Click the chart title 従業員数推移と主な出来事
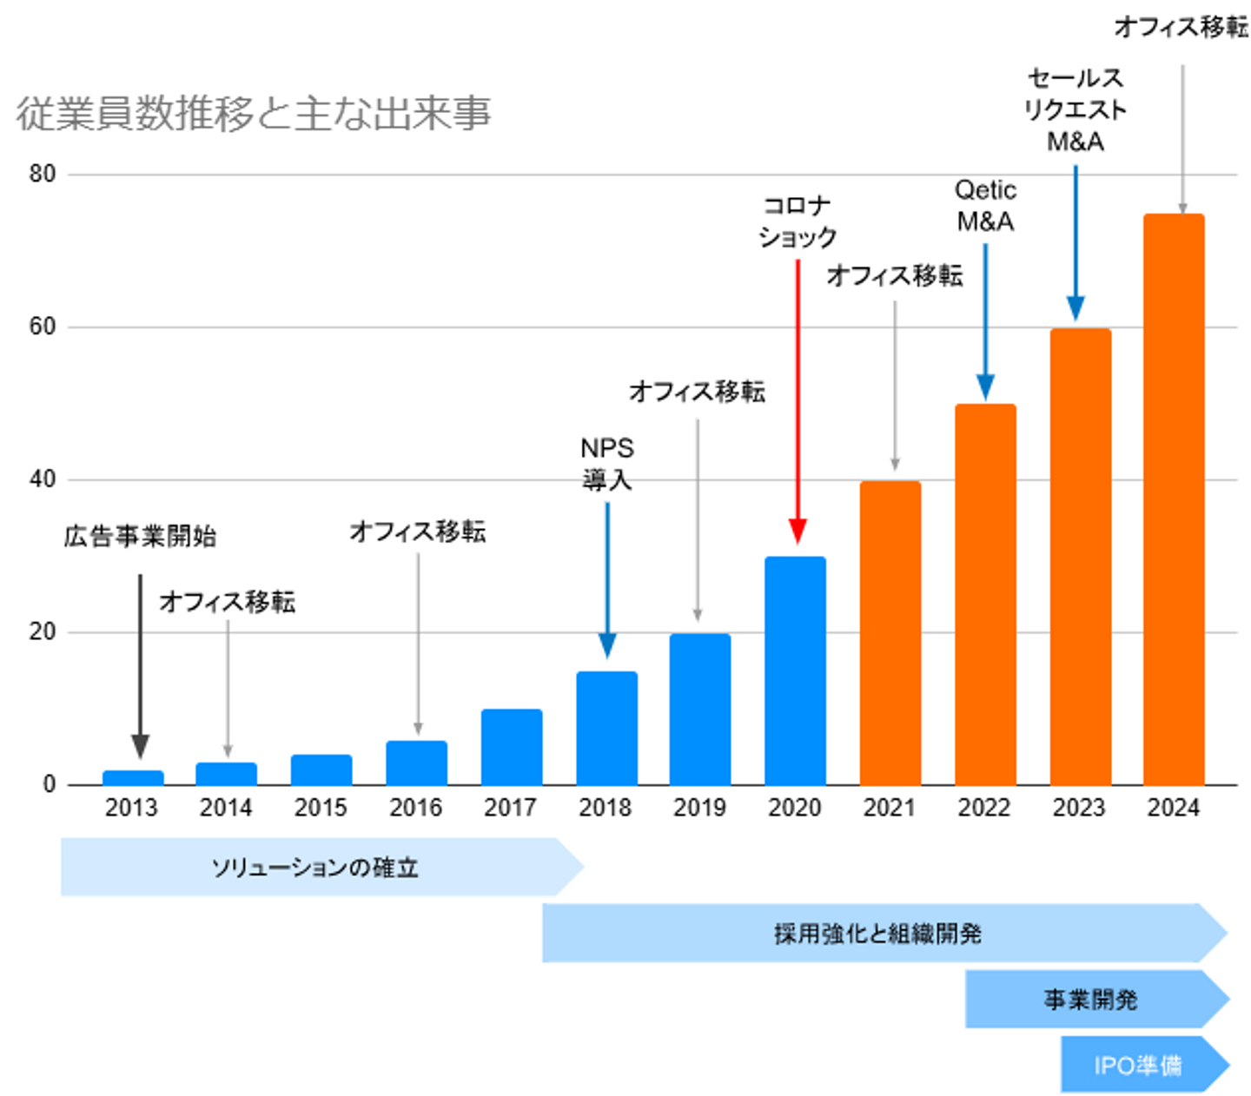tap(254, 114)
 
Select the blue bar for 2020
tap(795, 670)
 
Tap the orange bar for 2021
tap(890, 632)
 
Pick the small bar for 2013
tap(133, 777)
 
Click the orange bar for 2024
tap(1173, 499)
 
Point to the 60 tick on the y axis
tap(42, 327)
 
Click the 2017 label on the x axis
tap(510, 808)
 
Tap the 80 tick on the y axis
tap(42, 174)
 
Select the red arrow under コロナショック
tap(798, 399)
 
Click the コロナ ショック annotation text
tap(798, 221)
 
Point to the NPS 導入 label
tap(607, 464)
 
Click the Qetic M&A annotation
tap(985, 206)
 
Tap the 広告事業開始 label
tap(140, 536)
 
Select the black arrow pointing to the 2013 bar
tap(140, 664)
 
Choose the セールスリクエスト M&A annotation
tap(1076, 109)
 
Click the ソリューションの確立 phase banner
tap(314, 867)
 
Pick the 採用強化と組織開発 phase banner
tap(877, 934)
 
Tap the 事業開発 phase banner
tap(1091, 1000)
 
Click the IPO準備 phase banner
tap(1138, 1065)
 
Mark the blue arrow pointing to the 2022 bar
tap(985, 321)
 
